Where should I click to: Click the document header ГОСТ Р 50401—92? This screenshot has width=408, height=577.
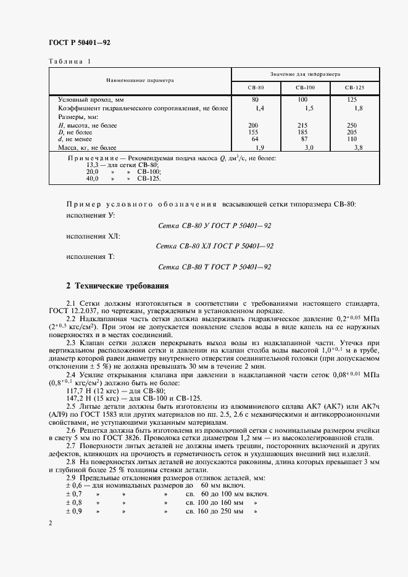point(79,42)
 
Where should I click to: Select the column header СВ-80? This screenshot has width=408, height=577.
point(256,88)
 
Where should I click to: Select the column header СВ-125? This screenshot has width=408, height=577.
point(354,88)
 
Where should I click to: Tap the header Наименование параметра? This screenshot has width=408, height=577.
point(140,80)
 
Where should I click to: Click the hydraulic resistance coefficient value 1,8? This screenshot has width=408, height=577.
point(358,108)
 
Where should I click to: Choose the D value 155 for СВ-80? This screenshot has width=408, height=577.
point(253,132)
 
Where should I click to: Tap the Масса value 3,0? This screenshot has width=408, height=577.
point(309,148)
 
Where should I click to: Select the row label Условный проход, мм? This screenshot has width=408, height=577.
point(91,99)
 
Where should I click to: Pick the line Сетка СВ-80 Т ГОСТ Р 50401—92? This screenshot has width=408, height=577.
point(215,266)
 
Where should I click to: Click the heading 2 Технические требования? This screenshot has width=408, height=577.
point(116,287)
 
